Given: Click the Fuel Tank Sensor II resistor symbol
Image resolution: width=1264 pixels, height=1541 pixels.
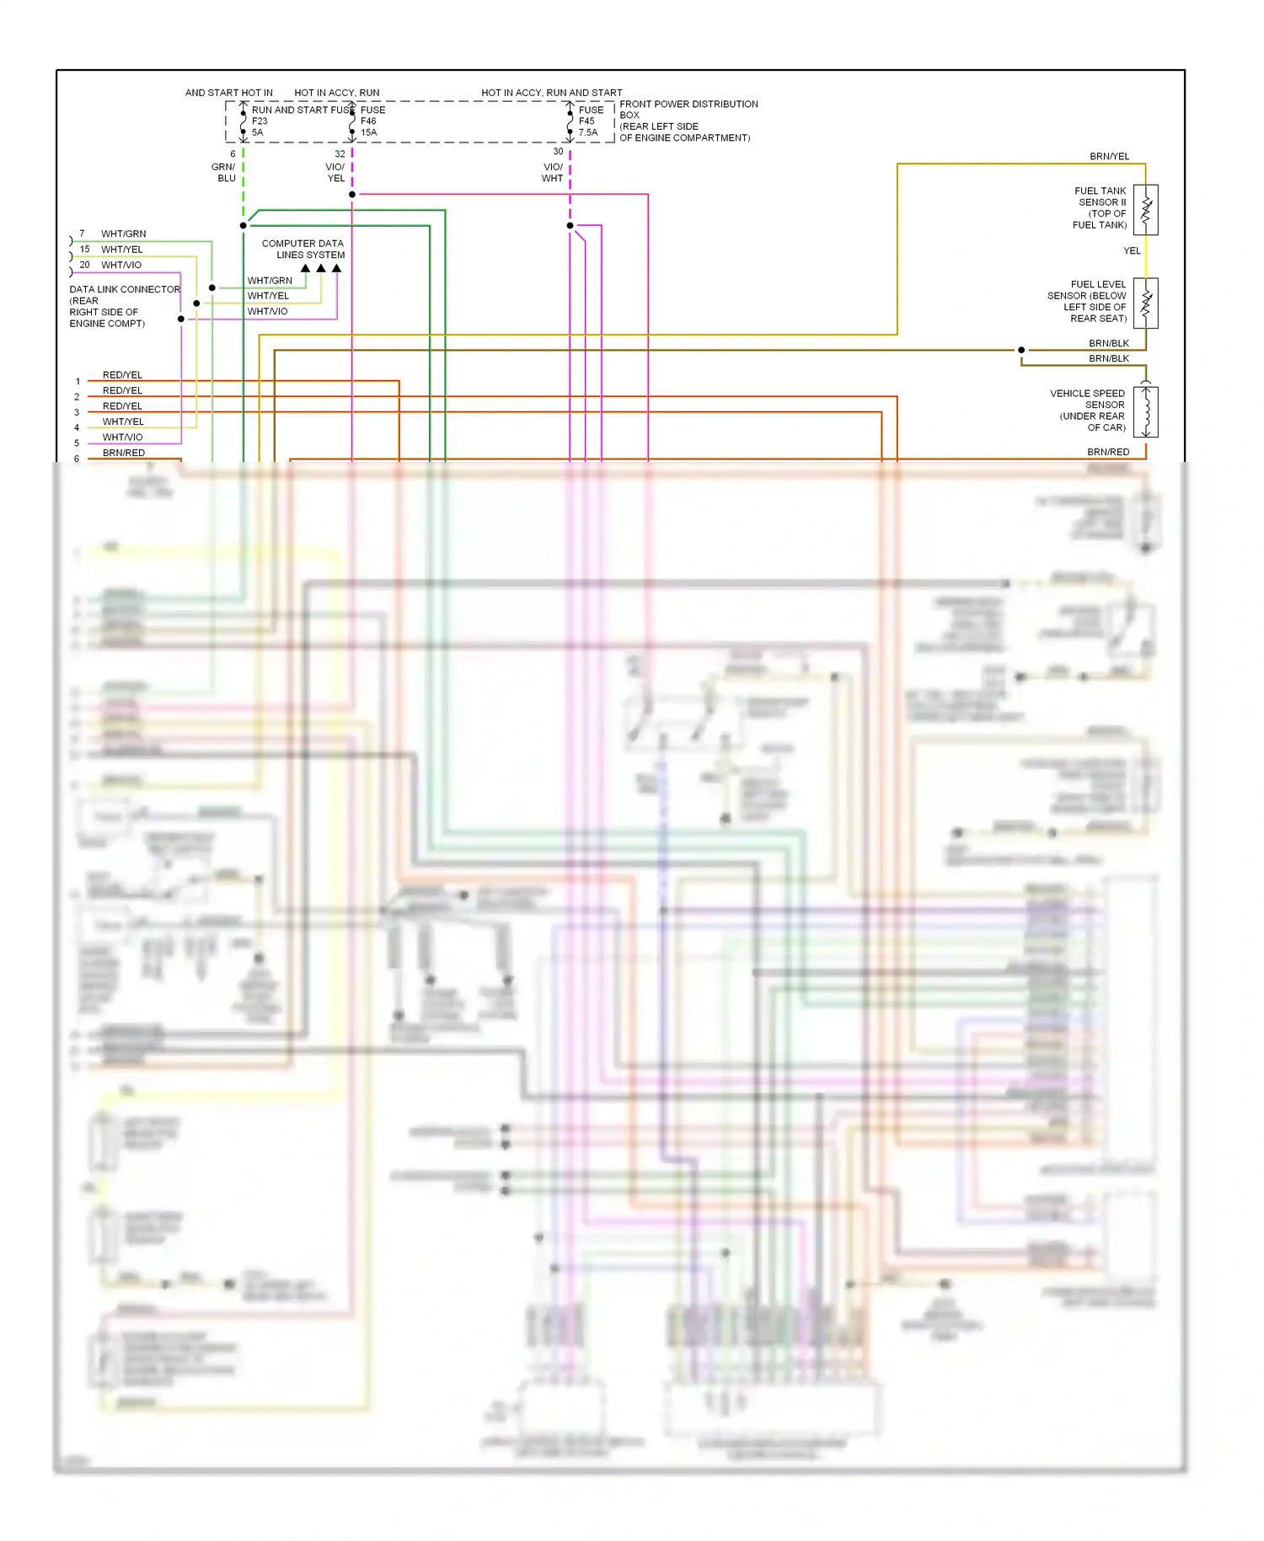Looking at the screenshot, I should [1145, 210].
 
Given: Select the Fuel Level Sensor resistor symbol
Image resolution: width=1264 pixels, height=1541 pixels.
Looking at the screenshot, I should [1145, 303].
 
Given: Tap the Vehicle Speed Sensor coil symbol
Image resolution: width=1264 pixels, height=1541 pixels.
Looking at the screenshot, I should [1145, 412].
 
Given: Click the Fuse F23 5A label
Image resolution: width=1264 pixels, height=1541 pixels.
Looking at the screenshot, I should [259, 121].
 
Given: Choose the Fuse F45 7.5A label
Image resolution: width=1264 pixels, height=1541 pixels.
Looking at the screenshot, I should [590, 121].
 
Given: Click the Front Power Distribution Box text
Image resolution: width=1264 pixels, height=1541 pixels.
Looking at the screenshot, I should [688, 121].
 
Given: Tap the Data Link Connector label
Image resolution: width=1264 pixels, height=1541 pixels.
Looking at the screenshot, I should [124, 306].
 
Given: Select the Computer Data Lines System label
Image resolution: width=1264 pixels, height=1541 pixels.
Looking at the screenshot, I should [303, 249].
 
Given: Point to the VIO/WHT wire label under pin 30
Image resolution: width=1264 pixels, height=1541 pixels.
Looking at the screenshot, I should [553, 173].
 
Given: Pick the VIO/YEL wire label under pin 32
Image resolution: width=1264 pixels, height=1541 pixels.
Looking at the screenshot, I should [335, 173].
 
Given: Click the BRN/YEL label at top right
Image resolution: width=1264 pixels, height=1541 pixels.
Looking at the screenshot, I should [1109, 157].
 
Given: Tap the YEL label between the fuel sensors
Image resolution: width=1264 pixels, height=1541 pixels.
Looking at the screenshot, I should [1132, 250].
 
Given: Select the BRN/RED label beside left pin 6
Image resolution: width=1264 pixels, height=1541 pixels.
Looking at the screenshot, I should [124, 453].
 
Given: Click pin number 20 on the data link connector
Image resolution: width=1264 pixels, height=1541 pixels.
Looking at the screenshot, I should [84, 265].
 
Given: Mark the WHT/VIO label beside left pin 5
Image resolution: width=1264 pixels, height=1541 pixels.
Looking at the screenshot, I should [123, 437].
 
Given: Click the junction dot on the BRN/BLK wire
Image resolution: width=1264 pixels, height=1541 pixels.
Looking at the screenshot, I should [1021, 350].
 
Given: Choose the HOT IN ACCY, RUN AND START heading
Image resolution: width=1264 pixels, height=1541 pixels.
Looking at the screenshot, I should [552, 93].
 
